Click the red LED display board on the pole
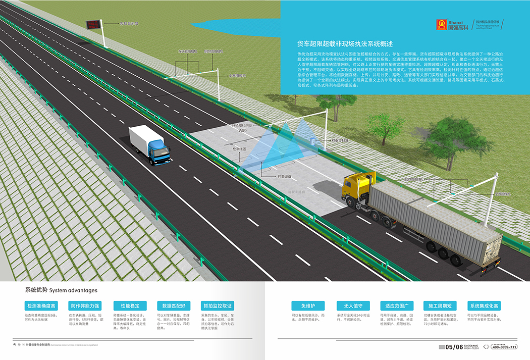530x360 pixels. (x=92, y=23)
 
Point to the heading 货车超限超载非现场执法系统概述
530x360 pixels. (x=345, y=43)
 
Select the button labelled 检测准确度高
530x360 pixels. (x=41, y=306)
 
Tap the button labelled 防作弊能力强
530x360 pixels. (x=85, y=306)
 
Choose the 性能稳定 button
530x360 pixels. (x=130, y=306)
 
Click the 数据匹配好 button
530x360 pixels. (x=174, y=306)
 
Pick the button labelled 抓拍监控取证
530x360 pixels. (x=218, y=306)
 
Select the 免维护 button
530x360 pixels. (x=308, y=306)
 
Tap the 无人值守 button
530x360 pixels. (x=353, y=306)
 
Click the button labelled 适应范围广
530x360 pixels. (x=399, y=306)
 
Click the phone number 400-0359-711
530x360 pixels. (x=504, y=347)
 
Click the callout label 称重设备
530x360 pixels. (x=284, y=177)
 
